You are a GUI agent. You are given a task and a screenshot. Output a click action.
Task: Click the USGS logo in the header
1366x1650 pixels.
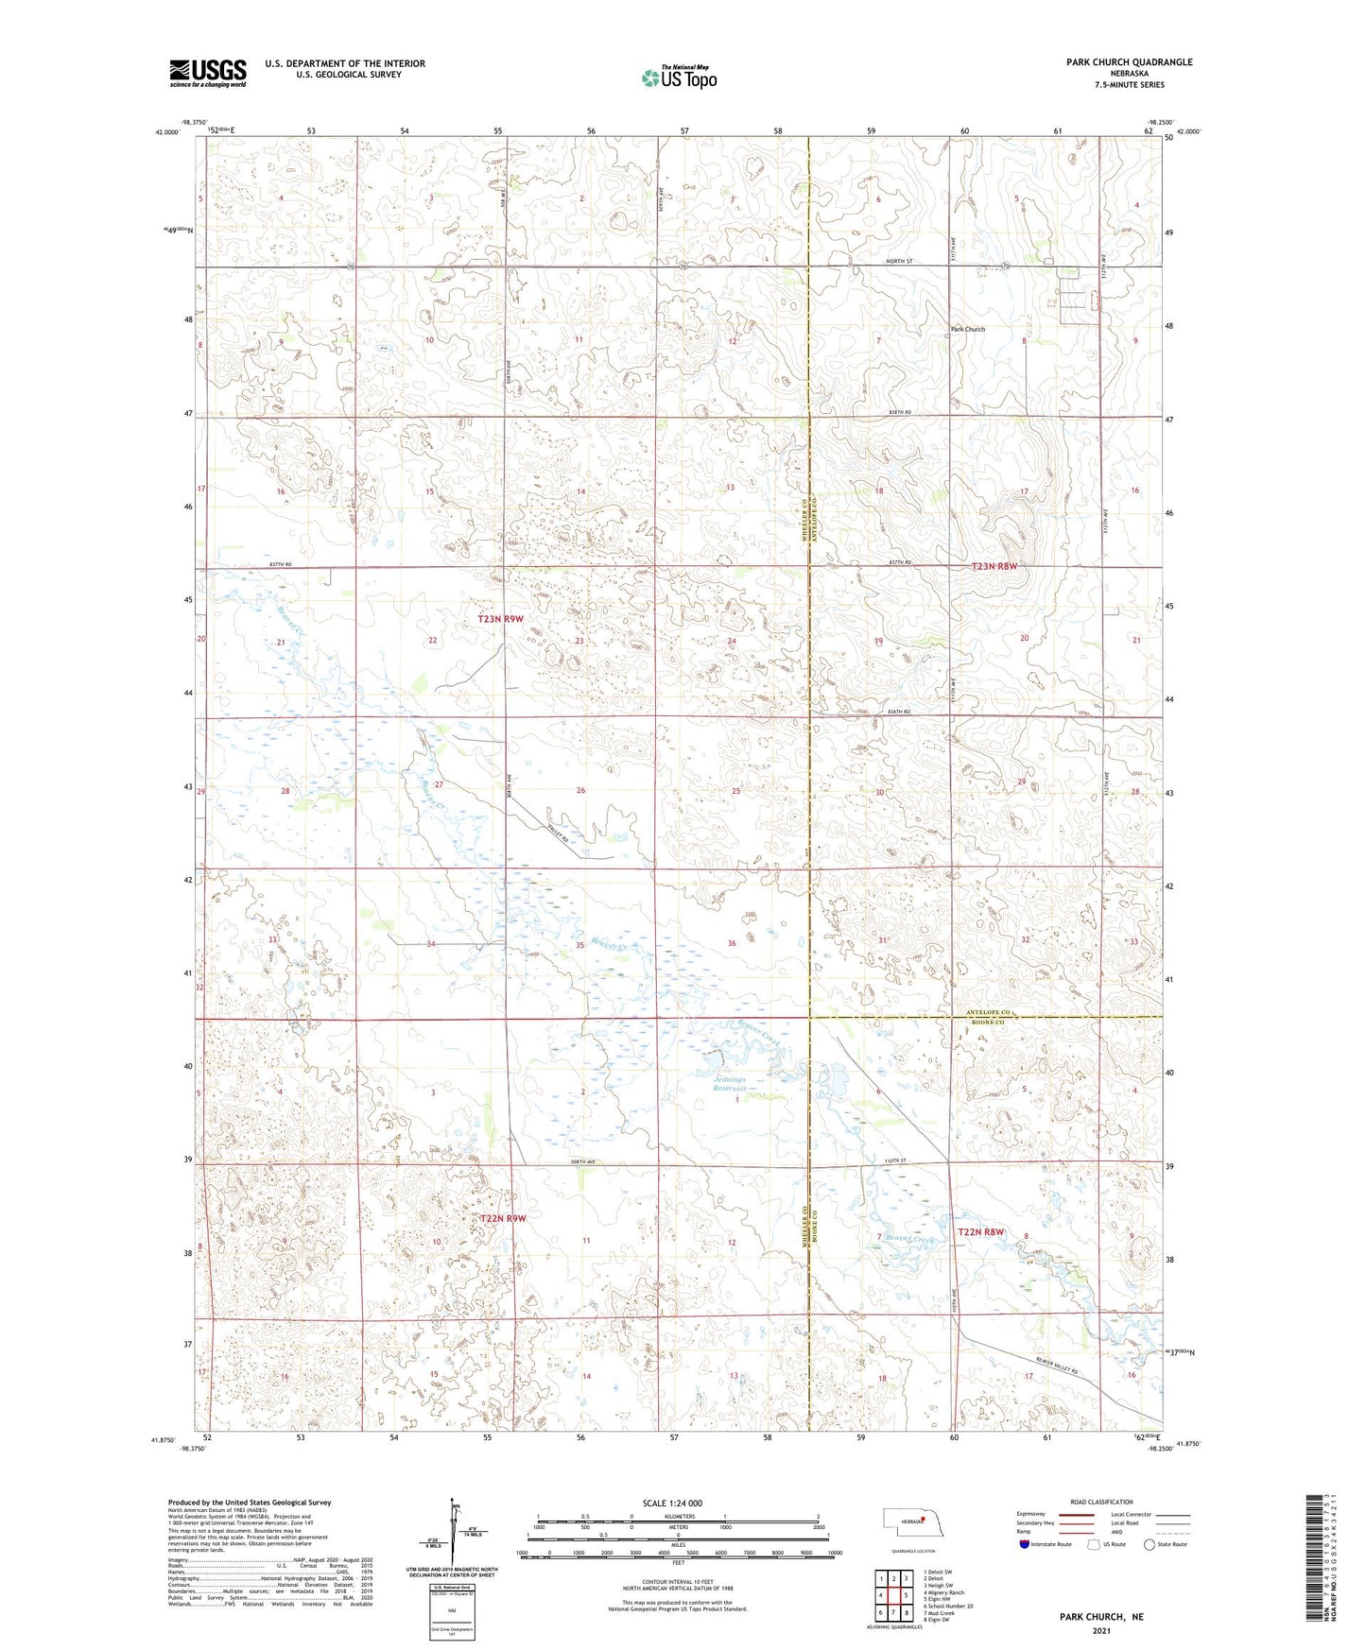(x=208, y=73)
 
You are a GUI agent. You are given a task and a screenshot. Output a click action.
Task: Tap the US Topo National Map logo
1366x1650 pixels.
(x=678, y=77)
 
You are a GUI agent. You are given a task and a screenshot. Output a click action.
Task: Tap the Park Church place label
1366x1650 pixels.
(x=967, y=329)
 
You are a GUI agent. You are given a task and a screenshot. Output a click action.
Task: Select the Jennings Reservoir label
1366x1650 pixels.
(x=730, y=1084)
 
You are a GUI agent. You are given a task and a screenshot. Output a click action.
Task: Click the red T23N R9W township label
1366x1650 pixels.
(x=500, y=619)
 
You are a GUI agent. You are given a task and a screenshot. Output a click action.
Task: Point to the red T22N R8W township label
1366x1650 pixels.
(x=980, y=1232)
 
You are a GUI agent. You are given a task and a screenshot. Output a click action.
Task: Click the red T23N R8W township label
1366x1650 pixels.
(x=994, y=567)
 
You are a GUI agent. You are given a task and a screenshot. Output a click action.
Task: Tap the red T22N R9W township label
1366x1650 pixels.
(x=502, y=1219)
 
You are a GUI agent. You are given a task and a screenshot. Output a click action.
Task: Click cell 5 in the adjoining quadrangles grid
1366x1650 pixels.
(x=906, y=1595)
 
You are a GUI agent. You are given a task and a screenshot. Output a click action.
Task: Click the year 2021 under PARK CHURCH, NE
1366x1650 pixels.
(x=1100, y=1631)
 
